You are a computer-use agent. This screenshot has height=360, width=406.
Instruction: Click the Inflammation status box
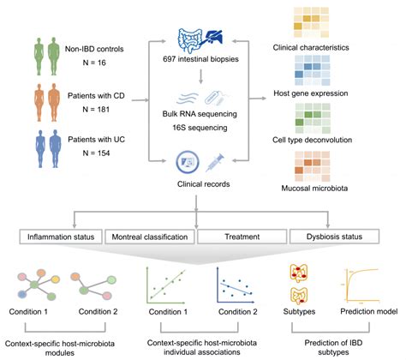pos(61,237)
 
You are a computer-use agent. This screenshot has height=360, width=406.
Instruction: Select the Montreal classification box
pos(150,237)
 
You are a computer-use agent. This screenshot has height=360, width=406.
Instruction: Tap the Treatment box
pos(242,237)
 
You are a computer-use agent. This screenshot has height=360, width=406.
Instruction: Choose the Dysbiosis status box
pos(334,237)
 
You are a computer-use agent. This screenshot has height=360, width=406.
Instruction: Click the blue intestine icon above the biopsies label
pos(190,40)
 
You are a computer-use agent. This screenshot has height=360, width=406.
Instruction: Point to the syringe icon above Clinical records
pos(215,163)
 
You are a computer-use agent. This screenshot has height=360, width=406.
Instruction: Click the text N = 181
pos(96,110)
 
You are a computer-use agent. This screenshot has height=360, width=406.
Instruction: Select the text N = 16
pos(94,63)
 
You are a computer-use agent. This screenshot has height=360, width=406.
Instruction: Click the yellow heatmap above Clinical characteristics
pos(312,22)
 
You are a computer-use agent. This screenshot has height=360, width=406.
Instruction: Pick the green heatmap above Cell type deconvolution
pos(313,118)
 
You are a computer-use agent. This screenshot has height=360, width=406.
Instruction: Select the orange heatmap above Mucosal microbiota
pos(313,166)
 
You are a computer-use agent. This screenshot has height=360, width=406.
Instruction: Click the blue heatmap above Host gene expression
pos(313,70)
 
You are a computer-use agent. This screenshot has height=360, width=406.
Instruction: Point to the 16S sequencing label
pos(200,128)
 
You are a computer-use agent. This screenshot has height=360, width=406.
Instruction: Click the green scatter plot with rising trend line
pos(165,285)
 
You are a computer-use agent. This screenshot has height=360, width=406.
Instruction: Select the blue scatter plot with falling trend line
pos(236,285)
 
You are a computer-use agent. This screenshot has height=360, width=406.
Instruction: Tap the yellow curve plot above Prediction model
pos(362,285)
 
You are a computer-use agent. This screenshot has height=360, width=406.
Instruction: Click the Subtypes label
pos(299,311)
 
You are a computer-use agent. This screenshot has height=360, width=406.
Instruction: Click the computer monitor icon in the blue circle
pos(188,162)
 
